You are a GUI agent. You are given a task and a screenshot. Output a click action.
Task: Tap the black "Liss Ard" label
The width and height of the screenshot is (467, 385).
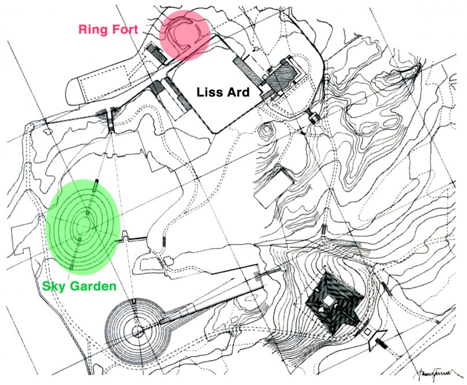click(223, 92)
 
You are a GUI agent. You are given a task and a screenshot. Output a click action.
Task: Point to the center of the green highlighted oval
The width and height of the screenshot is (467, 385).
click(84, 226)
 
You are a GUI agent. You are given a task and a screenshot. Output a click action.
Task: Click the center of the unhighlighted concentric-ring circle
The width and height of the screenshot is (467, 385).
click(137, 330)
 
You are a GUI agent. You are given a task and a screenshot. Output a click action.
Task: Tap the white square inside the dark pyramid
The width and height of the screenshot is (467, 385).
click(330, 300)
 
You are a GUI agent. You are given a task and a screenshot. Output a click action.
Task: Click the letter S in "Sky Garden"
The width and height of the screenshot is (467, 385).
click(47, 285)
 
